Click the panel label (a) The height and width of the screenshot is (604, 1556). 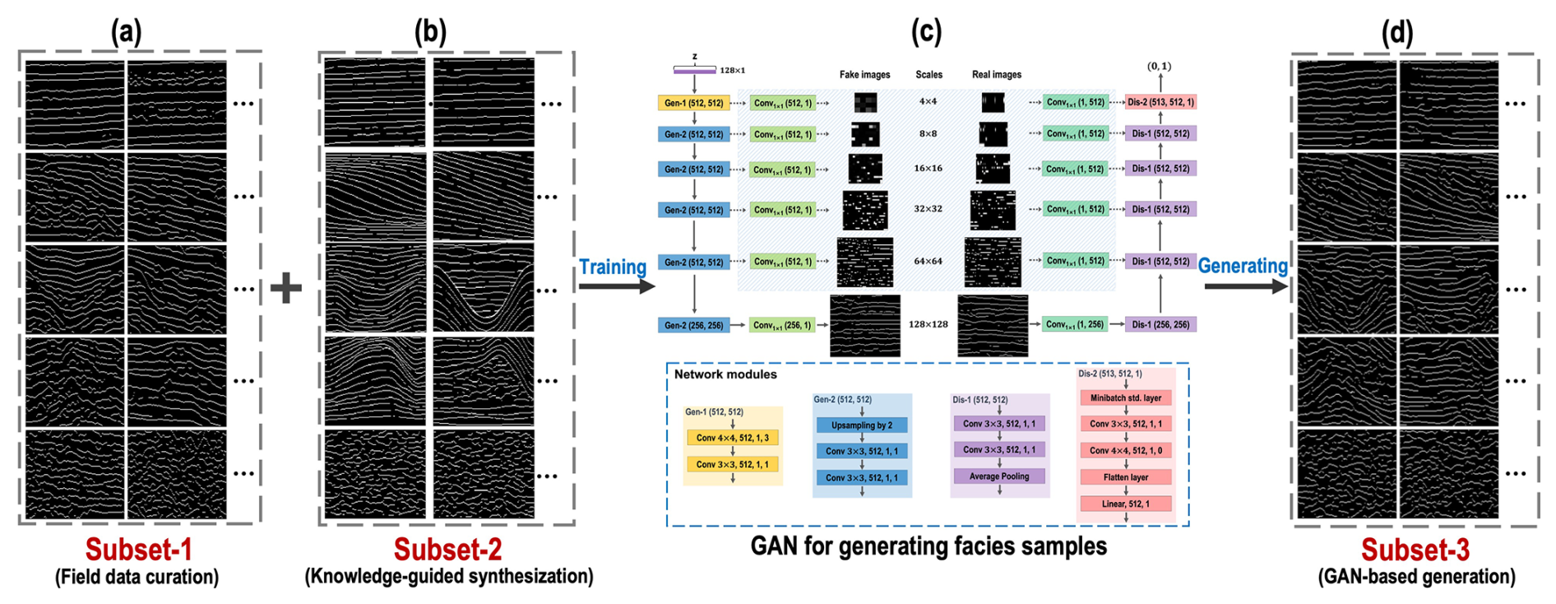(x=126, y=32)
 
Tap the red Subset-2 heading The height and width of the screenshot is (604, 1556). (x=447, y=550)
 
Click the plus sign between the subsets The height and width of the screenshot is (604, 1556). (x=286, y=288)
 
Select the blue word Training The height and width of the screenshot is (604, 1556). (x=613, y=267)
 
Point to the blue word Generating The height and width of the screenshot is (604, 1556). (x=1243, y=266)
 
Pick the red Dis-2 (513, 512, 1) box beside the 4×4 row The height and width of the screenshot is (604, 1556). (x=1160, y=102)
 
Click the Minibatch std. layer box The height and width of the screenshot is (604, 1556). (x=1125, y=398)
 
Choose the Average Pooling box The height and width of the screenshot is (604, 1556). (x=998, y=476)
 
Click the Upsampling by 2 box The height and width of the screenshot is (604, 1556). (x=861, y=425)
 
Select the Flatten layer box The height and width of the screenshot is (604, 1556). (x=1125, y=477)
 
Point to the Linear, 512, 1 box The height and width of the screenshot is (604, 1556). (x=1125, y=504)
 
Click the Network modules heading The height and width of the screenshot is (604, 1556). (x=725, y=374)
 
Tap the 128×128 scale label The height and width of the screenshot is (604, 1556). (x=928, y=324)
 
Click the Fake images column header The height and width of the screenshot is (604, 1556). (x=864, y=75)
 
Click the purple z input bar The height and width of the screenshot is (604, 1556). (x=694, y=71)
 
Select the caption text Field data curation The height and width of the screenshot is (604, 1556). (x=137, y=577)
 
